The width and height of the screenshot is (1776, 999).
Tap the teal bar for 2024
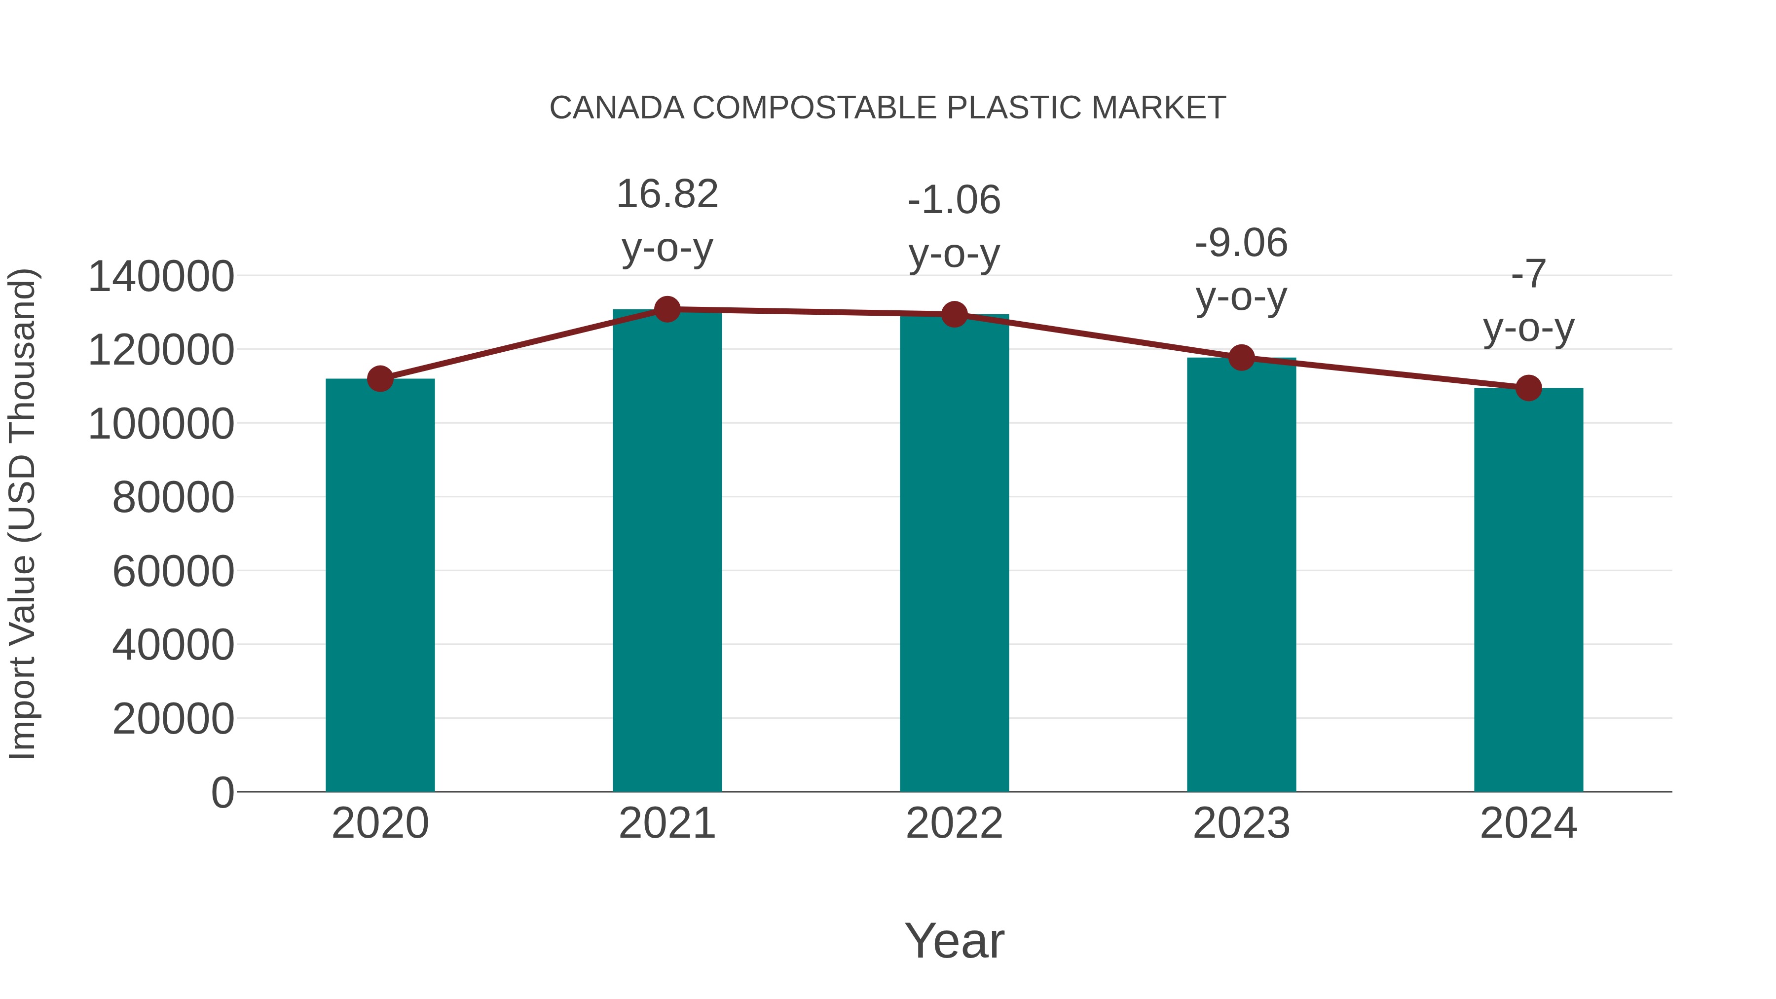(x=1528, y=590)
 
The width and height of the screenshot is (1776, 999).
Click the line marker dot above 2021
(x=666, y=309)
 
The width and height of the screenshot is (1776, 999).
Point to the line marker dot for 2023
(x=1241, y=358)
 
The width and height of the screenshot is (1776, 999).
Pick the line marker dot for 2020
(x=380, y=378)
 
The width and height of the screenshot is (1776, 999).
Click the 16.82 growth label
(x=666, y=194)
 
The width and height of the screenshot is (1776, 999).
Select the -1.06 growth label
(x=954, y=201)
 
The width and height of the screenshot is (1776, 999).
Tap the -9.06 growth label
(x=1241, y=243)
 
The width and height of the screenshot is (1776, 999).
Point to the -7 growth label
(x=1528, y=274)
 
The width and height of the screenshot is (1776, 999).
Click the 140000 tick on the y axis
(x=161, y=276)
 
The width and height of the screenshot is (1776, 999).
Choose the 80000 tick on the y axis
(x=173, y=498)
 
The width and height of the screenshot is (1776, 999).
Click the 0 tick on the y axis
(x=222, y=793)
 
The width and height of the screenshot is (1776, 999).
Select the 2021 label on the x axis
(x=666, y=823)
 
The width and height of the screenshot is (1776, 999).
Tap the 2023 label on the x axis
(x=1241, y=823)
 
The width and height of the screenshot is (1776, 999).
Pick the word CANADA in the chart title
(x=616, y=108)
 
